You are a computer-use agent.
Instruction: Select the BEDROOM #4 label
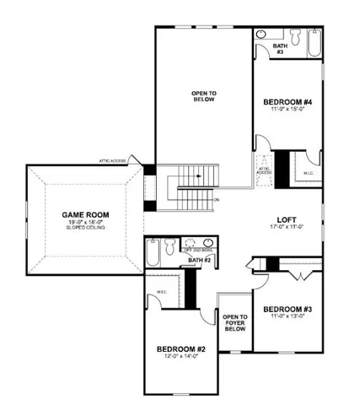point(287,100)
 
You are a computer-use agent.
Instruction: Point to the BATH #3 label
point(280,49)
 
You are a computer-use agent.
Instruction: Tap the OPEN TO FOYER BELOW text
point(234,323)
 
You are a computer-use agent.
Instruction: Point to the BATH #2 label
point(199,261)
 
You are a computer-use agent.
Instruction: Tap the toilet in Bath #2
point(171,247)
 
